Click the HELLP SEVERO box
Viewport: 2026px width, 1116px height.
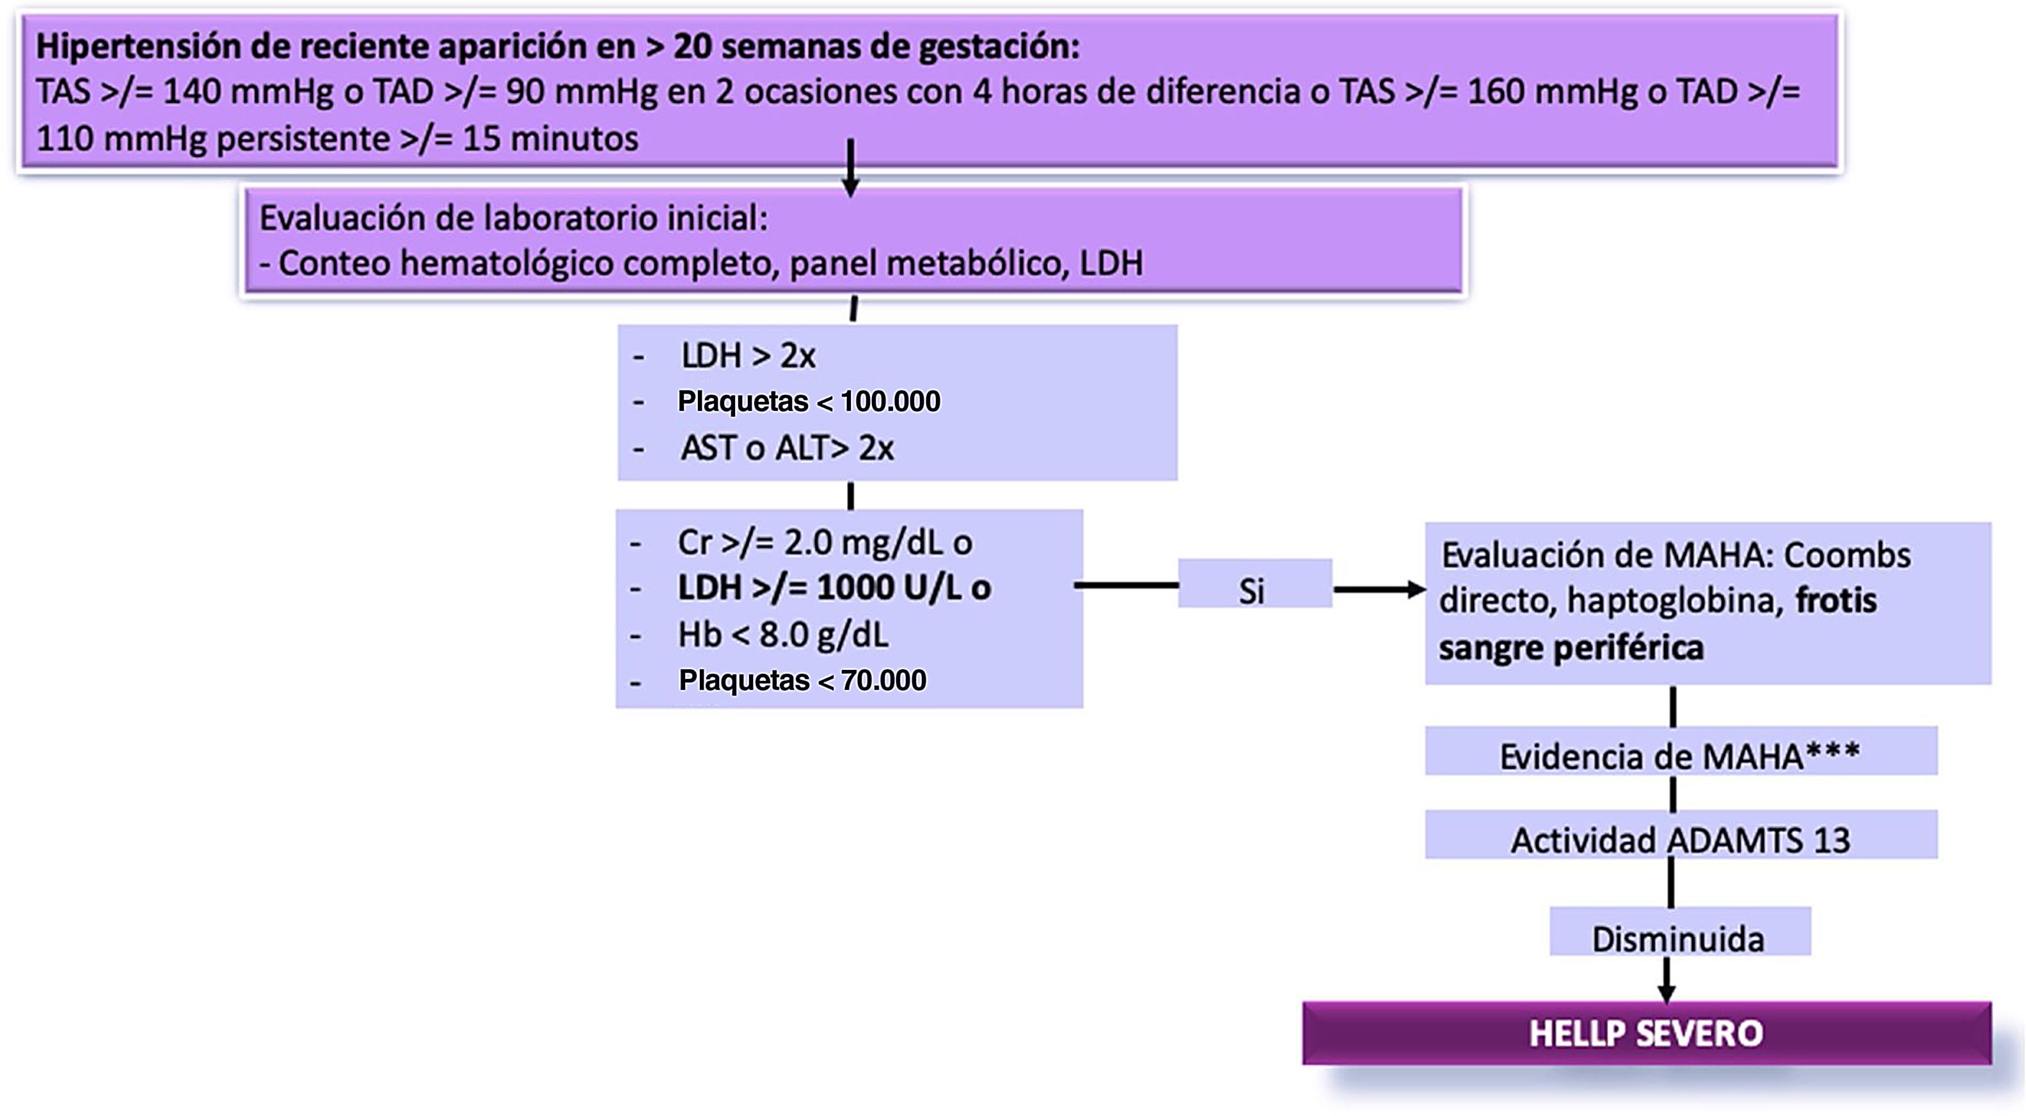[1646, 1033]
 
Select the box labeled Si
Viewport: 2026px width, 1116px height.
[1254, 584]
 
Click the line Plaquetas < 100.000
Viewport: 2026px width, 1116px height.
[809, 402]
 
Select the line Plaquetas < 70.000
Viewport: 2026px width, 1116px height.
[802, 680]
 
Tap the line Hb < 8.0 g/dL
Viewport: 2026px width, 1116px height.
[782, 635]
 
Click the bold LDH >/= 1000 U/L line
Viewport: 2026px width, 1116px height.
[834, 587]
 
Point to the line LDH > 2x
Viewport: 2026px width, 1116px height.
[748, 356]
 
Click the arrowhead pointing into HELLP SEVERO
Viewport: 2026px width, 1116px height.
[1665, 992]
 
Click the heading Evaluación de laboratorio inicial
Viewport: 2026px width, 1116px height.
[513, 218]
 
